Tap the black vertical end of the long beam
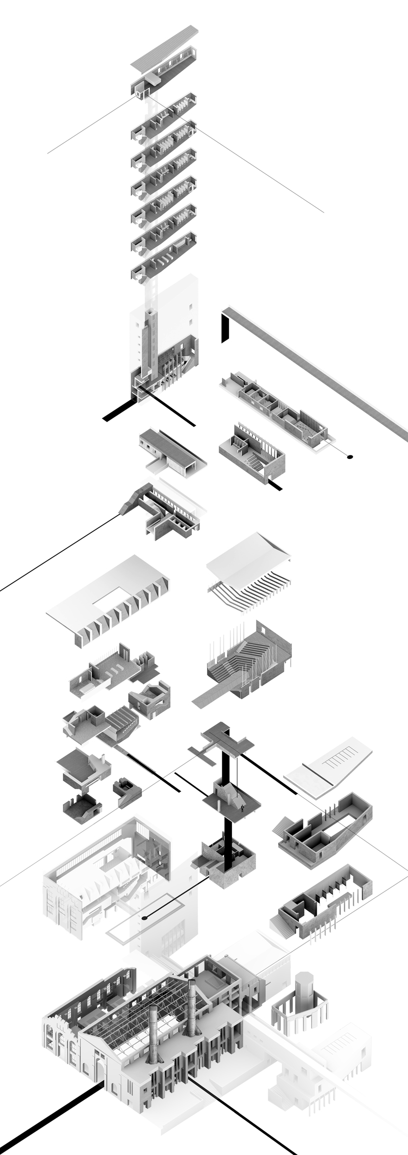[225, 329]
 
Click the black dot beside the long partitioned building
[350, 457]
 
